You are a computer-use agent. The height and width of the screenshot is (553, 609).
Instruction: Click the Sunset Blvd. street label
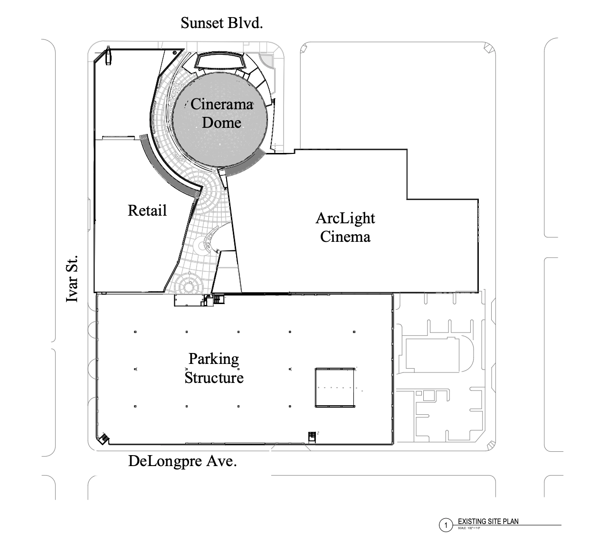point(221,23)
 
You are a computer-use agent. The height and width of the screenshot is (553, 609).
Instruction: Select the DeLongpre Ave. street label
point(182,461)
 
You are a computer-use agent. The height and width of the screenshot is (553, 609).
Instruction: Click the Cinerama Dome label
point(221,113)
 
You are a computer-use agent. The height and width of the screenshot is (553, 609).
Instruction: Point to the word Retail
point(147,210)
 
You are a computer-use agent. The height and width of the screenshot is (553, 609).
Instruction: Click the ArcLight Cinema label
point(345,227)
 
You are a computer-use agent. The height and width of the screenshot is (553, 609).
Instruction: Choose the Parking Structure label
point(214,368)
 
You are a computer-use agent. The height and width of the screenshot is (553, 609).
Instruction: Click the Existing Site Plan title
point(488,521)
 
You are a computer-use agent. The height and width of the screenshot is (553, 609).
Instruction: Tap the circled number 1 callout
point(446,525)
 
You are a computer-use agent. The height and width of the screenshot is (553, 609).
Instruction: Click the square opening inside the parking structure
point(335,387)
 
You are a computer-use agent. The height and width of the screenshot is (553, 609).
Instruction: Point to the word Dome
point(221,123)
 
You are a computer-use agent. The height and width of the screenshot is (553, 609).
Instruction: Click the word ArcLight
point(345,218)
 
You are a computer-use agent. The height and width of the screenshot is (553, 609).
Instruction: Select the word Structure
point(214,378)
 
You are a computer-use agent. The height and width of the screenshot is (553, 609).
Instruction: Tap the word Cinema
point(345,236)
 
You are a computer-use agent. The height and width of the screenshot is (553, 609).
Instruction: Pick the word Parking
point(214,359)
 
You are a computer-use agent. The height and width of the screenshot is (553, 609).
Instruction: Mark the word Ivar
point(73,290)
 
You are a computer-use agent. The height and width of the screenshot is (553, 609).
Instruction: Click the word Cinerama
point(221,104)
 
